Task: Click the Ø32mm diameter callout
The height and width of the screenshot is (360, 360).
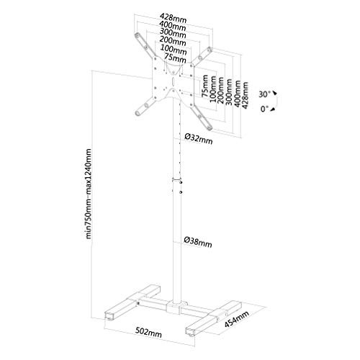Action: point(197,140)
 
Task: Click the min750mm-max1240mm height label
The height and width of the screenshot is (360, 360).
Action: point(89,194)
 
